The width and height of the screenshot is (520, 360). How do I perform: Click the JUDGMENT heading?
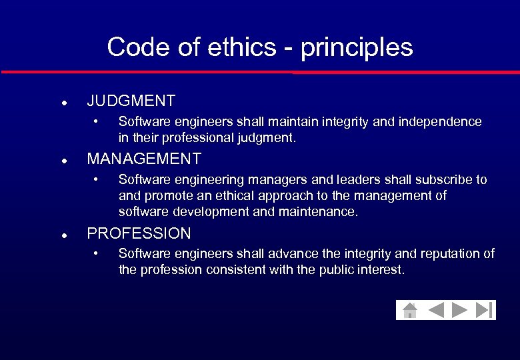coord(131,101)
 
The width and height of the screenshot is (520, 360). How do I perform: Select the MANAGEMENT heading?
coord(144,159)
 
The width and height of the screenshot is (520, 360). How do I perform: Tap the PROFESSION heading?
coord(139,233)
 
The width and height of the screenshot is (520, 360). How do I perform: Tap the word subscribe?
coord(445,180)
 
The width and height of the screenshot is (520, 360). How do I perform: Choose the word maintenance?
coord(323,212)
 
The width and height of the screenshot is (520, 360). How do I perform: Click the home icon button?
coord(410,310)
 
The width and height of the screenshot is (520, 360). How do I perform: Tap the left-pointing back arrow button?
coord(436,310)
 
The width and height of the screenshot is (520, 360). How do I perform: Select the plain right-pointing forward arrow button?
coord(459,310)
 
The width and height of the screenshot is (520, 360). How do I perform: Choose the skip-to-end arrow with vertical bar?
coord(484,310)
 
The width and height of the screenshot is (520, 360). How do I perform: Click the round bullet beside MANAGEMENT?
coord(63,161)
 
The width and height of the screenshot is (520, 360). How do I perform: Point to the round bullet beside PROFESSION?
coord(63,236)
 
